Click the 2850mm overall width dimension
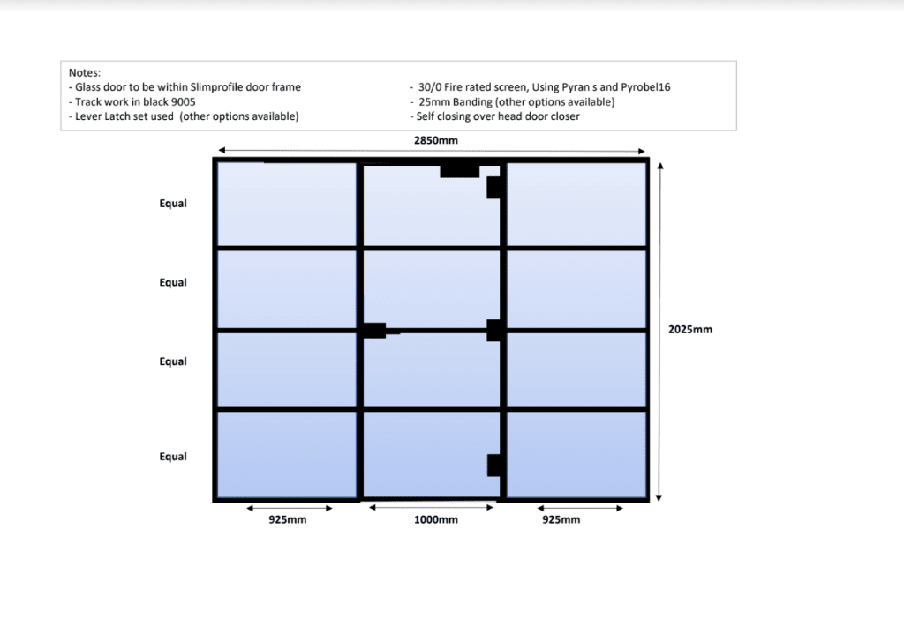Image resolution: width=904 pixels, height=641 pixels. tap(436, 140)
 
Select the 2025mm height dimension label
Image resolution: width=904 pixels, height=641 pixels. tap(689, 330)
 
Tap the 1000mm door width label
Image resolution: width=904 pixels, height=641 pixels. tap(436, 520)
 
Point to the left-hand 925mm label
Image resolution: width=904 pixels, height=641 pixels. tap(288, 520)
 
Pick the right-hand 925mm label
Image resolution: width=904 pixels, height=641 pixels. tap(561, 520)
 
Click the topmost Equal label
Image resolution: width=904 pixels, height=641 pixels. tap(173, 204)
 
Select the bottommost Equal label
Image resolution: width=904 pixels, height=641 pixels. tap(173, 457)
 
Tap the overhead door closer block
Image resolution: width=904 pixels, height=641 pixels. tap(459, 170)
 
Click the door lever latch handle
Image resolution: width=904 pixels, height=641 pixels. tap(374, 331)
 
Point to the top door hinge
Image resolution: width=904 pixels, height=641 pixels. tap(494, 187)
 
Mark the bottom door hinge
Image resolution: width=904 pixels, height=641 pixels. tap(494, 465)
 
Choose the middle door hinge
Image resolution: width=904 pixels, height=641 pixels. tap(494, 330)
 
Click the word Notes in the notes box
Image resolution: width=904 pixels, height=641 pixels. tap(85, 72)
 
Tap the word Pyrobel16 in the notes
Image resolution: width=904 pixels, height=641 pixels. tap(654, 87)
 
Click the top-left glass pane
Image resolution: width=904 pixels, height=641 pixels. tap(287, 204)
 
